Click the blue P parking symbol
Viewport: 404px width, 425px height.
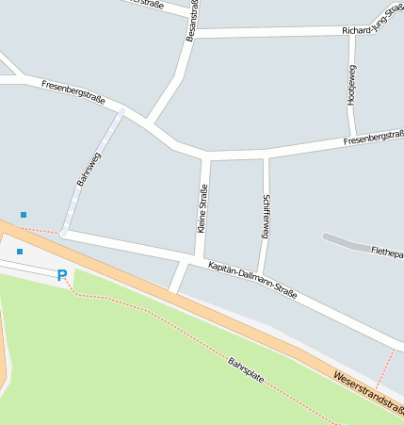tap(62, 275)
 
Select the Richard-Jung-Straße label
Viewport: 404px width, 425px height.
tap(373, 30)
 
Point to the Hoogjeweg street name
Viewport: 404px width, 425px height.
tap(351, 85)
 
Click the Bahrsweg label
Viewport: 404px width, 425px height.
tap(89, 168)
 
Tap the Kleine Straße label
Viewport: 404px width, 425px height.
tap(202, 208)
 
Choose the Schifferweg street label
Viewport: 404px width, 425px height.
tap(266, 215)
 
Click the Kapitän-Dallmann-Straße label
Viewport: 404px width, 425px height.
tap(252, 280)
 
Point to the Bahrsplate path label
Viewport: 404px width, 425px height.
tap(246, 374)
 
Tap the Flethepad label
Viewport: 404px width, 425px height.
tap(387, 252)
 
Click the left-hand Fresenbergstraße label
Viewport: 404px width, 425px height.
tap(73, 91)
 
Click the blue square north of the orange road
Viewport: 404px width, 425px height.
tap(24, 215)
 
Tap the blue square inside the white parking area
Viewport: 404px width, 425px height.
tap(20, 252)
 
